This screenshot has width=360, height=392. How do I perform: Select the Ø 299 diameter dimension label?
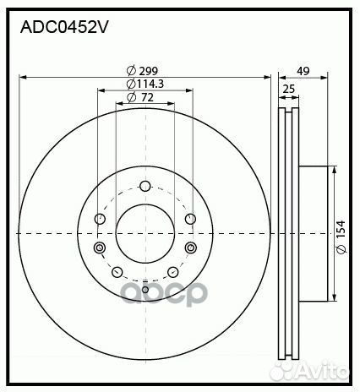pyautogui.click(x=144, y=70)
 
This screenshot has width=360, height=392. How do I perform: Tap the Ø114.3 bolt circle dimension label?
pyautogui.click(x=145, y=84)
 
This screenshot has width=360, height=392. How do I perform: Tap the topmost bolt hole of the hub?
pyautogui.click(x=145, y=187)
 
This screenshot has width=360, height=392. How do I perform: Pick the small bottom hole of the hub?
pyautogui.click(x=145, y=291)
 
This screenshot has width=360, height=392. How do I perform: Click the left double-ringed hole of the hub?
pyautogui.click(x=100, y=248)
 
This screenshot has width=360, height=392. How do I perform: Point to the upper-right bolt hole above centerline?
pyautogui.click(x=189, y=220)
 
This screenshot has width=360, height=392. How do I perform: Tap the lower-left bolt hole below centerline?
pyautogui.click(x=117, y=271)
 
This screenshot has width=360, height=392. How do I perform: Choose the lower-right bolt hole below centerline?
pyautogui.click(x=172, y=271)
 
